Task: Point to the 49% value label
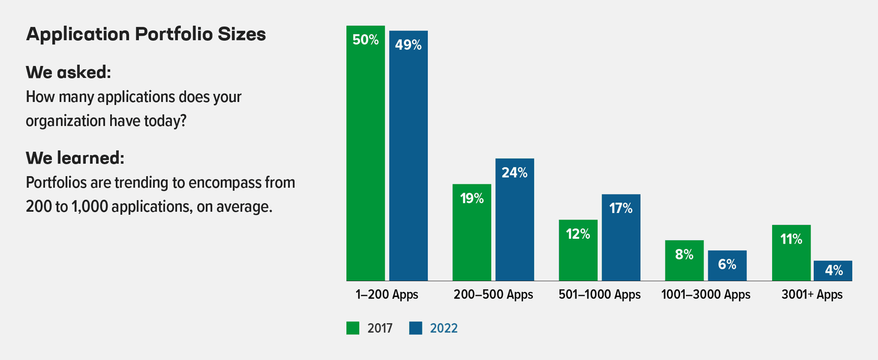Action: [x=408, y=45]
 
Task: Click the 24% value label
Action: [x=515, y=173]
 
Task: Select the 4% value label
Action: [x=834, y=271]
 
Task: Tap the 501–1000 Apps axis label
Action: [x=599, y=295]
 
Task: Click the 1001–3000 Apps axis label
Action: [x=706, y=295]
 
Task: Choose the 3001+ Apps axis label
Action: [x=812, y=295]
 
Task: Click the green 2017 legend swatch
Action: [x=353, y=328]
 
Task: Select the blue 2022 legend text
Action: [x=443, y=328]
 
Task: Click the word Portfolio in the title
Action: [x=173, y=34]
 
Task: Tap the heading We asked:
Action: [x=68, y=72]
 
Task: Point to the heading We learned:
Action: [x=75, y=158]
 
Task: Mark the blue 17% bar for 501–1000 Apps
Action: [x=621, y=241]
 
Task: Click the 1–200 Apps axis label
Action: [x=387, y=295]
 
